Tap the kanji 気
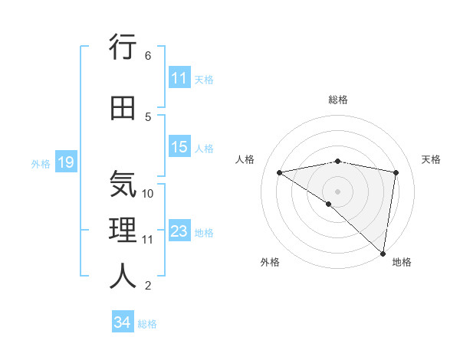click(123, 185)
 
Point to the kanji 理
click(123, 230)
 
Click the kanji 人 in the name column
click(123, 277)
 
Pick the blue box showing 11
click(179, 78)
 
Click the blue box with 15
click(179, 147)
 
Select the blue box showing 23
click(179, 231)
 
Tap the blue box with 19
click(65, 162)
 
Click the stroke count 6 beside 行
click(148, 56)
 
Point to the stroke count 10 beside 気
click(149, 194)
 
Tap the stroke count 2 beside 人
click(148, 286)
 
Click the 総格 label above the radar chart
click(338, 100)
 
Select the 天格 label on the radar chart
click(431, 159)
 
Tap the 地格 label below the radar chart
click(402, 263)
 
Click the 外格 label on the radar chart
click(270, 263)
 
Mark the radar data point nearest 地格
click(383, 253)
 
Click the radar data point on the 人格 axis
click(280, 172)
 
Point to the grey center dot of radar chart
click(337, 191)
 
